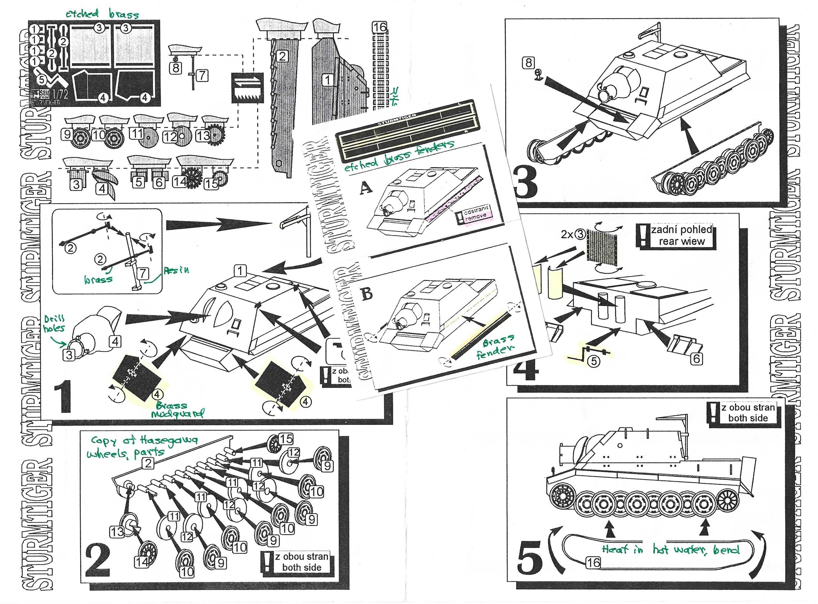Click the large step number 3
[x=526, y=182]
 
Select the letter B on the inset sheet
[x=367, y=293]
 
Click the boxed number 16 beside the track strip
[x=380, y=27]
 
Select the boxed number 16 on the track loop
[x=593, y=563]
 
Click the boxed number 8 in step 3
[x=528, y=63]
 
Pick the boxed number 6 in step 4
[x=696, y=359]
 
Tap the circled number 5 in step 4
[x=594, y=361]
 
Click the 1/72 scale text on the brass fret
[x=61, y=94]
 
